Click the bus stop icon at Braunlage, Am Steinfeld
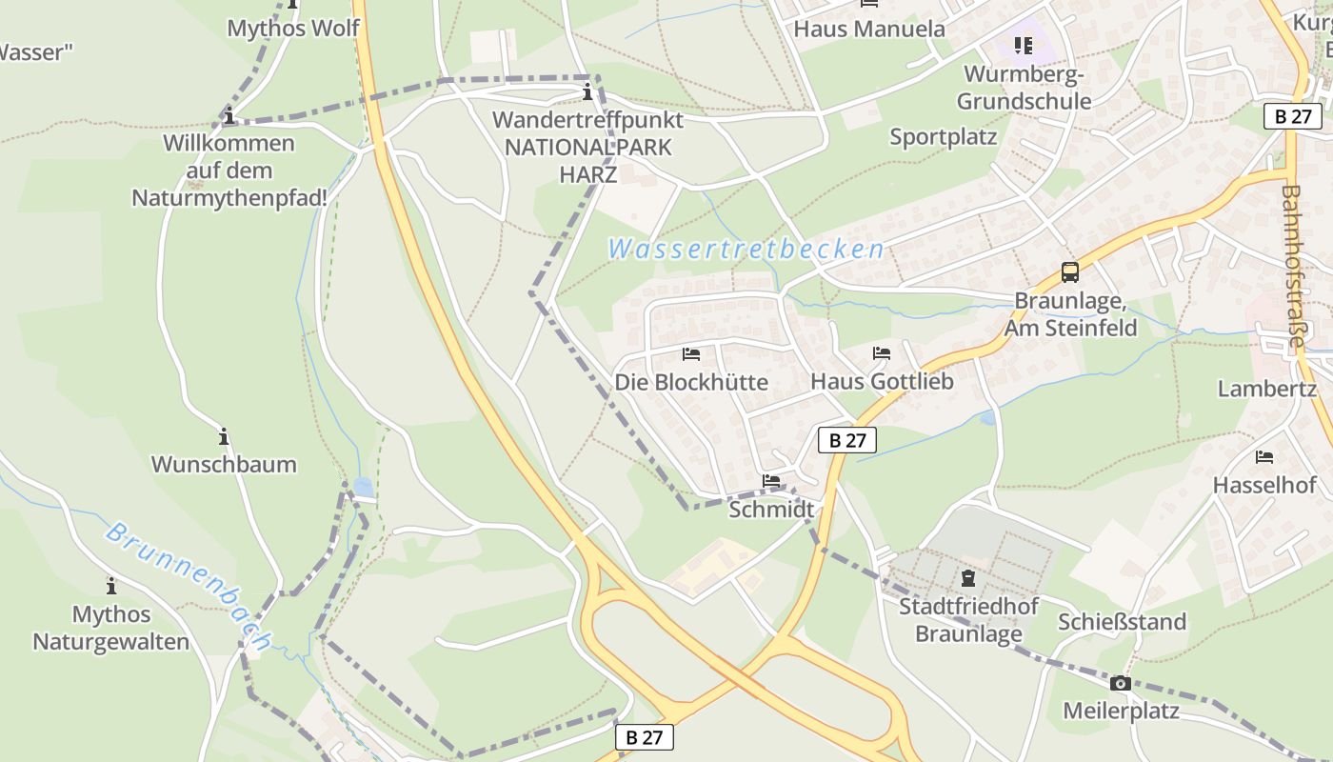click(1070, 272)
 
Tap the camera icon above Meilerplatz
click(1120, 683)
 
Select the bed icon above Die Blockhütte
click(691, 354)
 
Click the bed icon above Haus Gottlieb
click(882, 353)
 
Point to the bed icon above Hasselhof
click(1264, 457)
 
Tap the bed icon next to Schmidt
click(771, 481)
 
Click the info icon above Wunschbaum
click(224, 436)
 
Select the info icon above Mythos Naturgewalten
click(111, 585)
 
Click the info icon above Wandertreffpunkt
click(587, 92)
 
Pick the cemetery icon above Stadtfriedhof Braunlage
click(968, 577)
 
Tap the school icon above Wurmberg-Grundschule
click(1024, 45)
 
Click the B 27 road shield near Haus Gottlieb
click(846, 440)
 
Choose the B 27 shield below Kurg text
click(1293, 116)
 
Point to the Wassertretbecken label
click(746, 250)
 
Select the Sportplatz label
click(943, 136)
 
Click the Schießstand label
click(1122, 622)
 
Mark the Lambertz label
click(1266, 388)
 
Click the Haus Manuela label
click(869, 29)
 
